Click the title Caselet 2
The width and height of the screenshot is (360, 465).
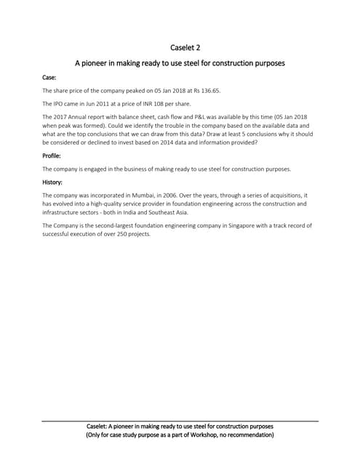click(180, 48)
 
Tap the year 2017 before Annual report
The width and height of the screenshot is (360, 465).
click(61, 117)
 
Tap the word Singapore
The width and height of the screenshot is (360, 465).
click(219, 226)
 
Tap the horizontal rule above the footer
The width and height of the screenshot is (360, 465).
click(180, 421)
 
